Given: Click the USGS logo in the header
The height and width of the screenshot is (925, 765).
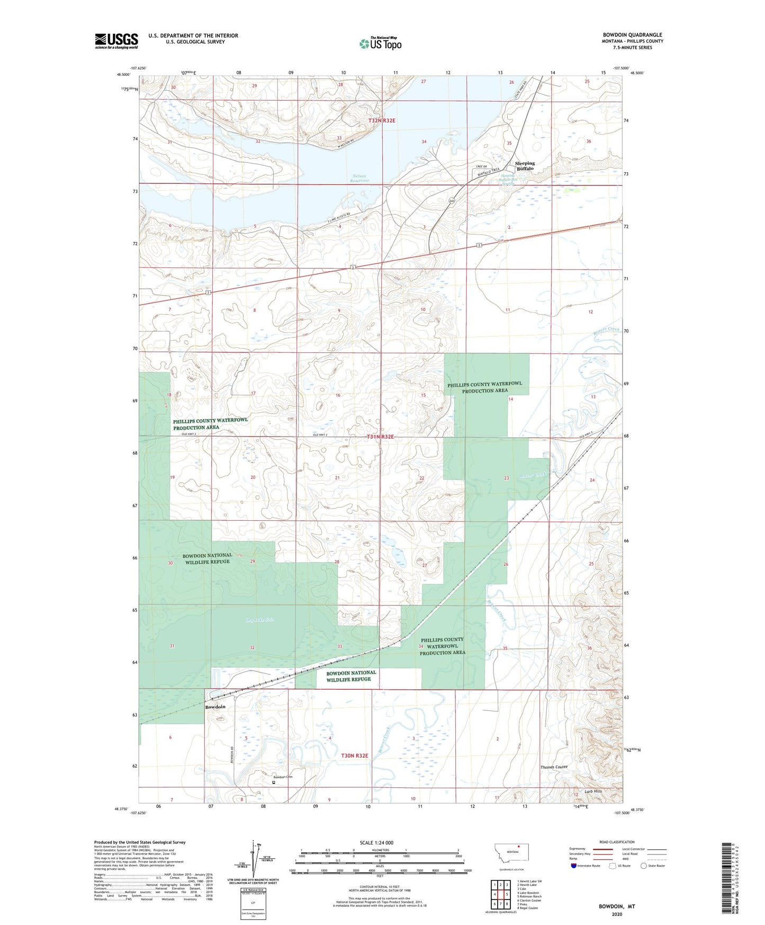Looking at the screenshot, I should (x=116, y=41).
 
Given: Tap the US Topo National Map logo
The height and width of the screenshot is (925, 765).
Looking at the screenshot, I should (x=380, y=43).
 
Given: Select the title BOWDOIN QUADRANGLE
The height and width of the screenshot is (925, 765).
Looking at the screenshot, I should (x=632, y=35).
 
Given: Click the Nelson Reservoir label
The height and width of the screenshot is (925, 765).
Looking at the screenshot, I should (x=358, y=179).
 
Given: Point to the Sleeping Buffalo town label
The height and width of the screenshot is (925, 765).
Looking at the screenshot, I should (x=525, y=166).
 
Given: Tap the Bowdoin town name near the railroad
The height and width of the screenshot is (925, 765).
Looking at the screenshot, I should (x=215, y=707).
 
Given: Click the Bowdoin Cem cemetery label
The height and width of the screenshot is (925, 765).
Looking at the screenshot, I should (x=283, y=777).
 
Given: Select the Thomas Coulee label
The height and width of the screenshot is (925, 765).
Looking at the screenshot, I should (x=554, y=767).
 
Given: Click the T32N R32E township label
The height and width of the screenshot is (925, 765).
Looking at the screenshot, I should (x=382, y=121).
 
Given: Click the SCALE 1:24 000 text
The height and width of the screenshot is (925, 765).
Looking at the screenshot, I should (x=376, y=843).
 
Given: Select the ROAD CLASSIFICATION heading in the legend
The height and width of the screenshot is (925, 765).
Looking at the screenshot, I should (x=617, y=842).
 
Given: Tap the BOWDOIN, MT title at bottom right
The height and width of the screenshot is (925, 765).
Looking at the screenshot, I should (x=617, y=906).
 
